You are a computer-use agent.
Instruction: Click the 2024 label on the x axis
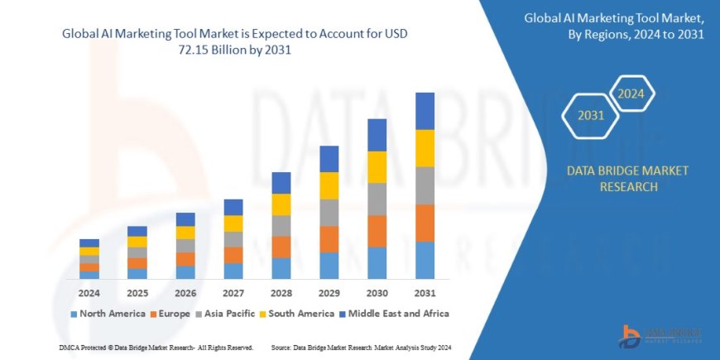point(89,293)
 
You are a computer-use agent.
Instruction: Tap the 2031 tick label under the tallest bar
point(425,293)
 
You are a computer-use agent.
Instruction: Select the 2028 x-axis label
point(281,293)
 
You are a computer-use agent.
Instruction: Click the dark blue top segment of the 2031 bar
point(425,111)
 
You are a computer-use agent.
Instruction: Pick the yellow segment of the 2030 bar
point(377,167)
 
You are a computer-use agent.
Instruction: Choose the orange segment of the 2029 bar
point(329,239)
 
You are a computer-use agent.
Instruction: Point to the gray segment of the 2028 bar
point(281,226)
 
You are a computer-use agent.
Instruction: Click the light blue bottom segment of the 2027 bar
point(233,271)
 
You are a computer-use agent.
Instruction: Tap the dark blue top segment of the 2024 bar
point(89,243)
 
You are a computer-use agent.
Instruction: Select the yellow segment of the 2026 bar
point(185,233)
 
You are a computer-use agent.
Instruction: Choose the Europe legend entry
point(170,314)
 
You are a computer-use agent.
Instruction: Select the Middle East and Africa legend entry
point(394,314)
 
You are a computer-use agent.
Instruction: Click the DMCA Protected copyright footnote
point(156,347)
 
